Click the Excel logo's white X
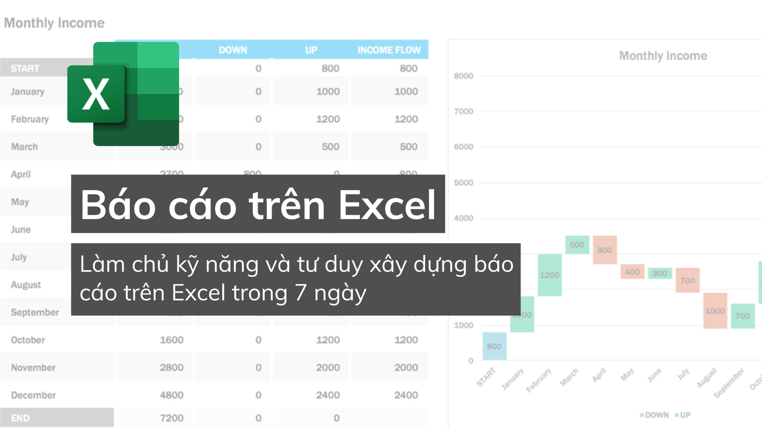pos(96,94)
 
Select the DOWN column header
pos(233,50)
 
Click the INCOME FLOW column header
pos(389,50)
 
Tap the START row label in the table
pos(25,68)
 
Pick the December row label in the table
pos(33,395)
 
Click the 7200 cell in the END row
pos(172,418)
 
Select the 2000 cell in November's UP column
pos(328,367)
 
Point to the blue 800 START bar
pos(494,346)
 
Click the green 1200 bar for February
pos(550,275)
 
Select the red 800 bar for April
pos(605,250)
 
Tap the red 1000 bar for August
pos(715,311)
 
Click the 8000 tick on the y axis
pos(463,76)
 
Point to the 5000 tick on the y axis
pos(463,183)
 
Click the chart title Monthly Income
pos(663,56)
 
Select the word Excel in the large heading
pos(387,205)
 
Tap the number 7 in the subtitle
pos(300,293)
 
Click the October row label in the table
pos(28,340)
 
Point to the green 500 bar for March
pos(577,245)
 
